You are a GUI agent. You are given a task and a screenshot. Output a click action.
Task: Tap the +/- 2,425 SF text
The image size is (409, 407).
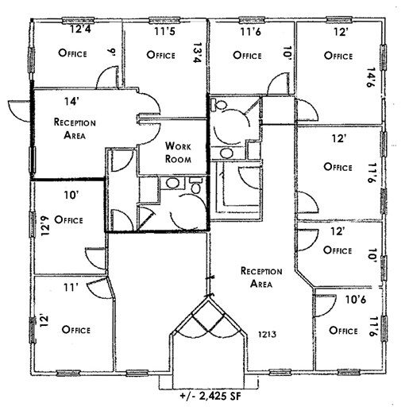[x=206, y=395]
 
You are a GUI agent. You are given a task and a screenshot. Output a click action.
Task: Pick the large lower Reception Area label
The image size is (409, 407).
[x=259, y=277]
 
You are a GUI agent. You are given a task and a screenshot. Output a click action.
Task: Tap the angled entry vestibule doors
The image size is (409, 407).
[x=207, y=316]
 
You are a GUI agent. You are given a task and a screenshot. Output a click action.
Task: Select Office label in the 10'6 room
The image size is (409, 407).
[x=341, y=330]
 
